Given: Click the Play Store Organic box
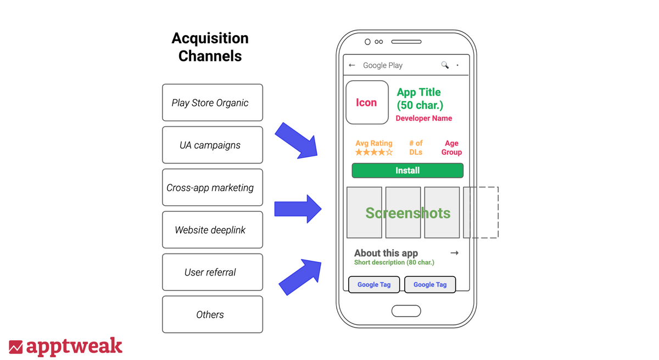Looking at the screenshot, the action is click(x=213, y=103).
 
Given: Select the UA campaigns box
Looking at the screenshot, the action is click(x=213, y=145).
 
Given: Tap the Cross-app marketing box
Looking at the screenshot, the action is click(x=213, y=187).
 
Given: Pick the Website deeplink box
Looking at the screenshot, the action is click(x=213, y=229).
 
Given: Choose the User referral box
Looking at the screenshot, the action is click(x=213, y=272).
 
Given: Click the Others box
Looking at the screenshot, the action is click(x=213, y=314).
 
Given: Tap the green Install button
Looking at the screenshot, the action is click(x=407, y=171).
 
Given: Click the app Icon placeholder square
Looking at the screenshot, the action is click(x=367, y=102).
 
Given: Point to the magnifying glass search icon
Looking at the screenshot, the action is click(x=445, y=65).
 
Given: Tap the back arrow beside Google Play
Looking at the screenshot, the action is click(x=352, y=65).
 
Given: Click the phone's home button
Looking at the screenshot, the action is click(x=406, y=311).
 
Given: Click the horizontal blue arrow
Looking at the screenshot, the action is click(x=298, y=209).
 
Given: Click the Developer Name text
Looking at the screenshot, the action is click(x=423, y=118).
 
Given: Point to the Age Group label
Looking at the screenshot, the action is click(x=451, y=148).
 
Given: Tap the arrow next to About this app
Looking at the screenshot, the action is click(x=455, y=253).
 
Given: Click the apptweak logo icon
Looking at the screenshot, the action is click(x=15, y=347).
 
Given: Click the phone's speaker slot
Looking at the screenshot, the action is click(x=406, y=42).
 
